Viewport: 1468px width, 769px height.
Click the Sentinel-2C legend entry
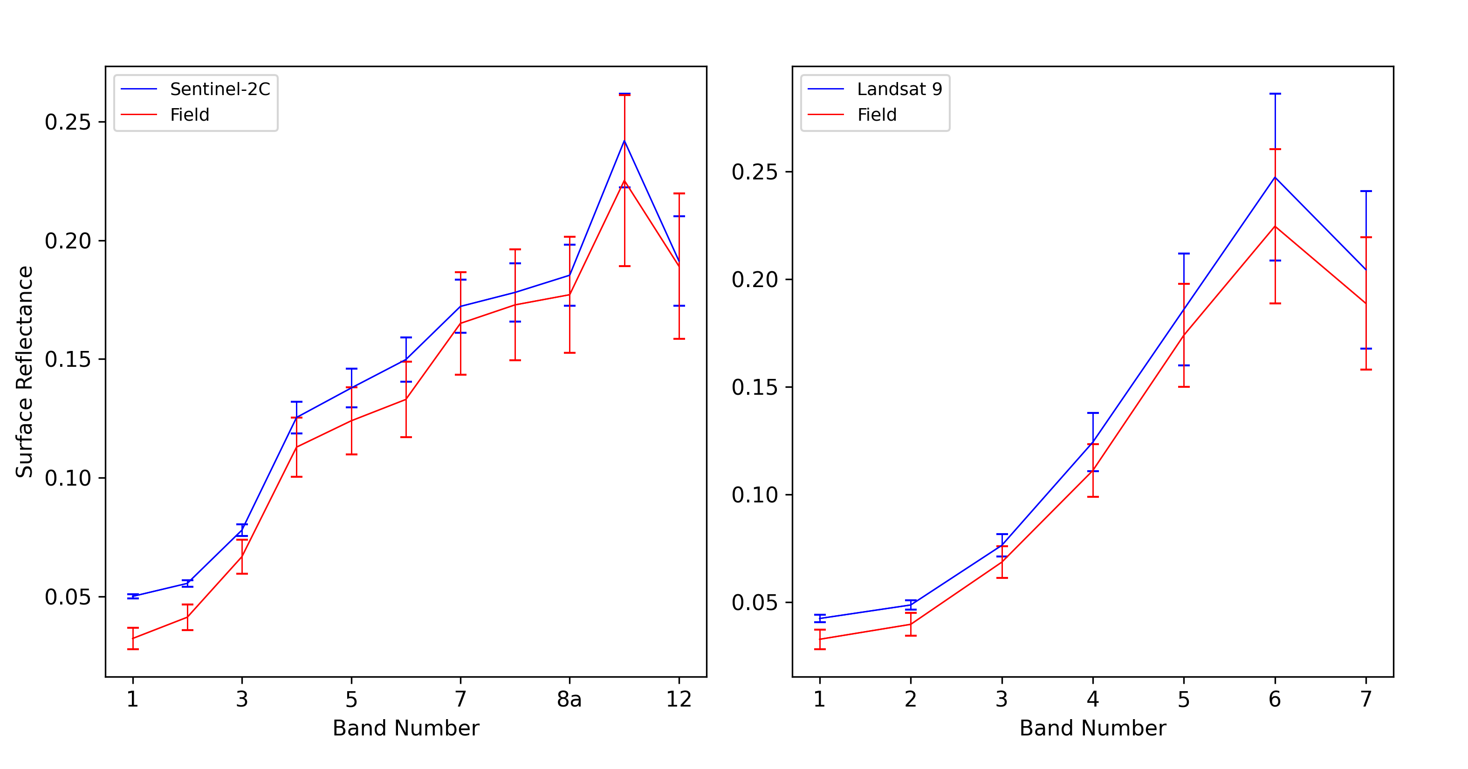click(220, 89)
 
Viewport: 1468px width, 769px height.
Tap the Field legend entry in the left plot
click(189, 115)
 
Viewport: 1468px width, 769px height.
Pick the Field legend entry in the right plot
click(877, 115)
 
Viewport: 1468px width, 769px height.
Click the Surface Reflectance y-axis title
click(25, 371)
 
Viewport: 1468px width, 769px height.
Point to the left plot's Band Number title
click(406, 728)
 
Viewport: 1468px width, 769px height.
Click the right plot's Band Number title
click(1092, 728)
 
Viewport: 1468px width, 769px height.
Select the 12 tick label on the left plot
click(679, 699)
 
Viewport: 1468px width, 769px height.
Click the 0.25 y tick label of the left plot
click(68, 122)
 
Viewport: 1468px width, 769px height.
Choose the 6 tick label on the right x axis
click(1275, 699)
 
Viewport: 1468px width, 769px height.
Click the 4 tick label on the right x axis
click(1092, 699)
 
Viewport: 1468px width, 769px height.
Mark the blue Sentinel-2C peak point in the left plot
click(624, 141)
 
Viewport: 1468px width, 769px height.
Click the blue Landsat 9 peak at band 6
click(1275, 177)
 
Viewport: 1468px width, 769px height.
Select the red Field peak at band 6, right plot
click(1275, 227)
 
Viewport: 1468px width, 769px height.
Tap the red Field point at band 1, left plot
click(133, 639)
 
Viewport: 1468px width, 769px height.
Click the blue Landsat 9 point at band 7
click(1366, 270)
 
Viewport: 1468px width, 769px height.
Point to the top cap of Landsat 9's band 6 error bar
click(1275, 94)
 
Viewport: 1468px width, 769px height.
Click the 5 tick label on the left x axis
click(351, 699)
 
